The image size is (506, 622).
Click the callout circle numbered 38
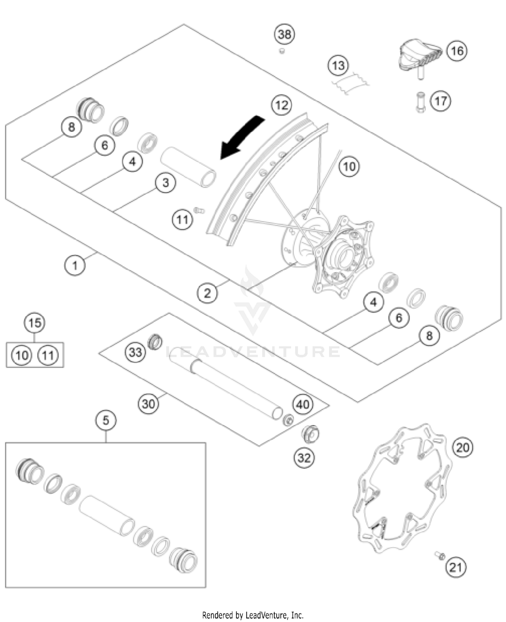(x=284, y=34)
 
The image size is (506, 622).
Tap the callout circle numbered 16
(x=457, y=51)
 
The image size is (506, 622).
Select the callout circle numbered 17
(x=441, y=101)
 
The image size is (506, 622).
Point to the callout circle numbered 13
(x=338, y=65)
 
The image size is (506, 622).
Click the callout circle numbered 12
(x=282, y=105)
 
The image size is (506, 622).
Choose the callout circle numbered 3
(x=165, y=183)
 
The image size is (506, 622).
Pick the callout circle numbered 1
(x=75, y=265)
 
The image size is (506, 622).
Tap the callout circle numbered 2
(x=207, y=293)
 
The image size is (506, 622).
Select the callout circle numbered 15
(x=35, y=323)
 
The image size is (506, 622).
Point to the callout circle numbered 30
(x=148, y=404)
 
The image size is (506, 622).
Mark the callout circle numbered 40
(x=303, y=404)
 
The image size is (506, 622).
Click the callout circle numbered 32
(x=304, y=458)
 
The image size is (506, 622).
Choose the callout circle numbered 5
(x=106, y=421)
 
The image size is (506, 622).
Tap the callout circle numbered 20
(x=462, y=448)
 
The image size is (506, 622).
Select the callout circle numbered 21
(x=456, y=567)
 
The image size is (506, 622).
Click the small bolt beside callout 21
(x=440, y=555)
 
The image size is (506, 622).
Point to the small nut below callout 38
(x=282, y=51)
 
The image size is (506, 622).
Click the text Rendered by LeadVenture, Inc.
(x=253, y=615)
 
